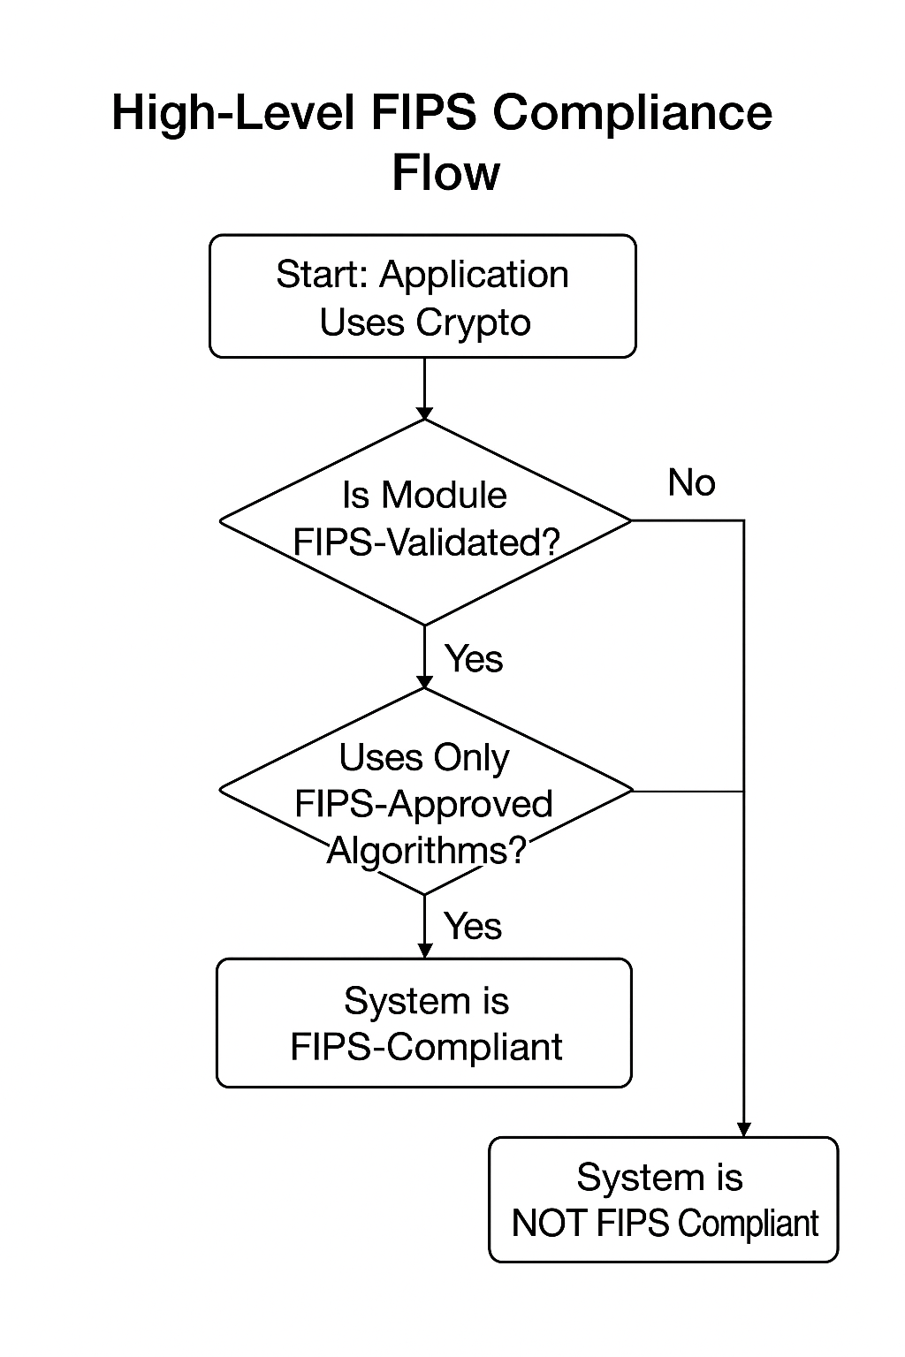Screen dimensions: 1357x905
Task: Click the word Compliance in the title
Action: pos(632,114)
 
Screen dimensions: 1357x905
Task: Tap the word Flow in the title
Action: pos(445,172)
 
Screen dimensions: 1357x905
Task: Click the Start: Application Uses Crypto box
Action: pos(422,297)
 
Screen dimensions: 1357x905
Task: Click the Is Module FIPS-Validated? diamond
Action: pos(424,521)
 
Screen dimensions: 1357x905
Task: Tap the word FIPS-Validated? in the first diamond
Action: pos(426,542)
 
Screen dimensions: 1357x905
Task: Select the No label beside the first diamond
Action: pos(691,483)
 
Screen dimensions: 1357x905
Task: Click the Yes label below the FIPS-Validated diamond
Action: pos(474,659)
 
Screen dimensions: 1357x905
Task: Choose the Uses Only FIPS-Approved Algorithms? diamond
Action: pos(425,791)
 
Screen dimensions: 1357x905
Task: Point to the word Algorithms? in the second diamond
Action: pos(427,851)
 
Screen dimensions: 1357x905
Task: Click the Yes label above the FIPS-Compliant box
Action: pos(473,927)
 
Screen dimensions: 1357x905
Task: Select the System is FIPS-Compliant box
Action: pos(424,1023)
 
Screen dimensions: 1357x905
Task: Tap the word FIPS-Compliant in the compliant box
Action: pos(426,1048)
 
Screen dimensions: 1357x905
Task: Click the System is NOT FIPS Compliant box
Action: pos(663,1200)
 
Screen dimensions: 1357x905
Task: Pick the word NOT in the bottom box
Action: pos(550,1224)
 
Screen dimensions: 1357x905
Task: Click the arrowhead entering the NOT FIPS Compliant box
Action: pos(744,1130)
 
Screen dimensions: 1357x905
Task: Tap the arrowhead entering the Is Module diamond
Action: pos(425,413)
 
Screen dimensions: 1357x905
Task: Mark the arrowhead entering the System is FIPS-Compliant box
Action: pos(425,951)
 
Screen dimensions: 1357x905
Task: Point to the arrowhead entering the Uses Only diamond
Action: pos(425,682)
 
